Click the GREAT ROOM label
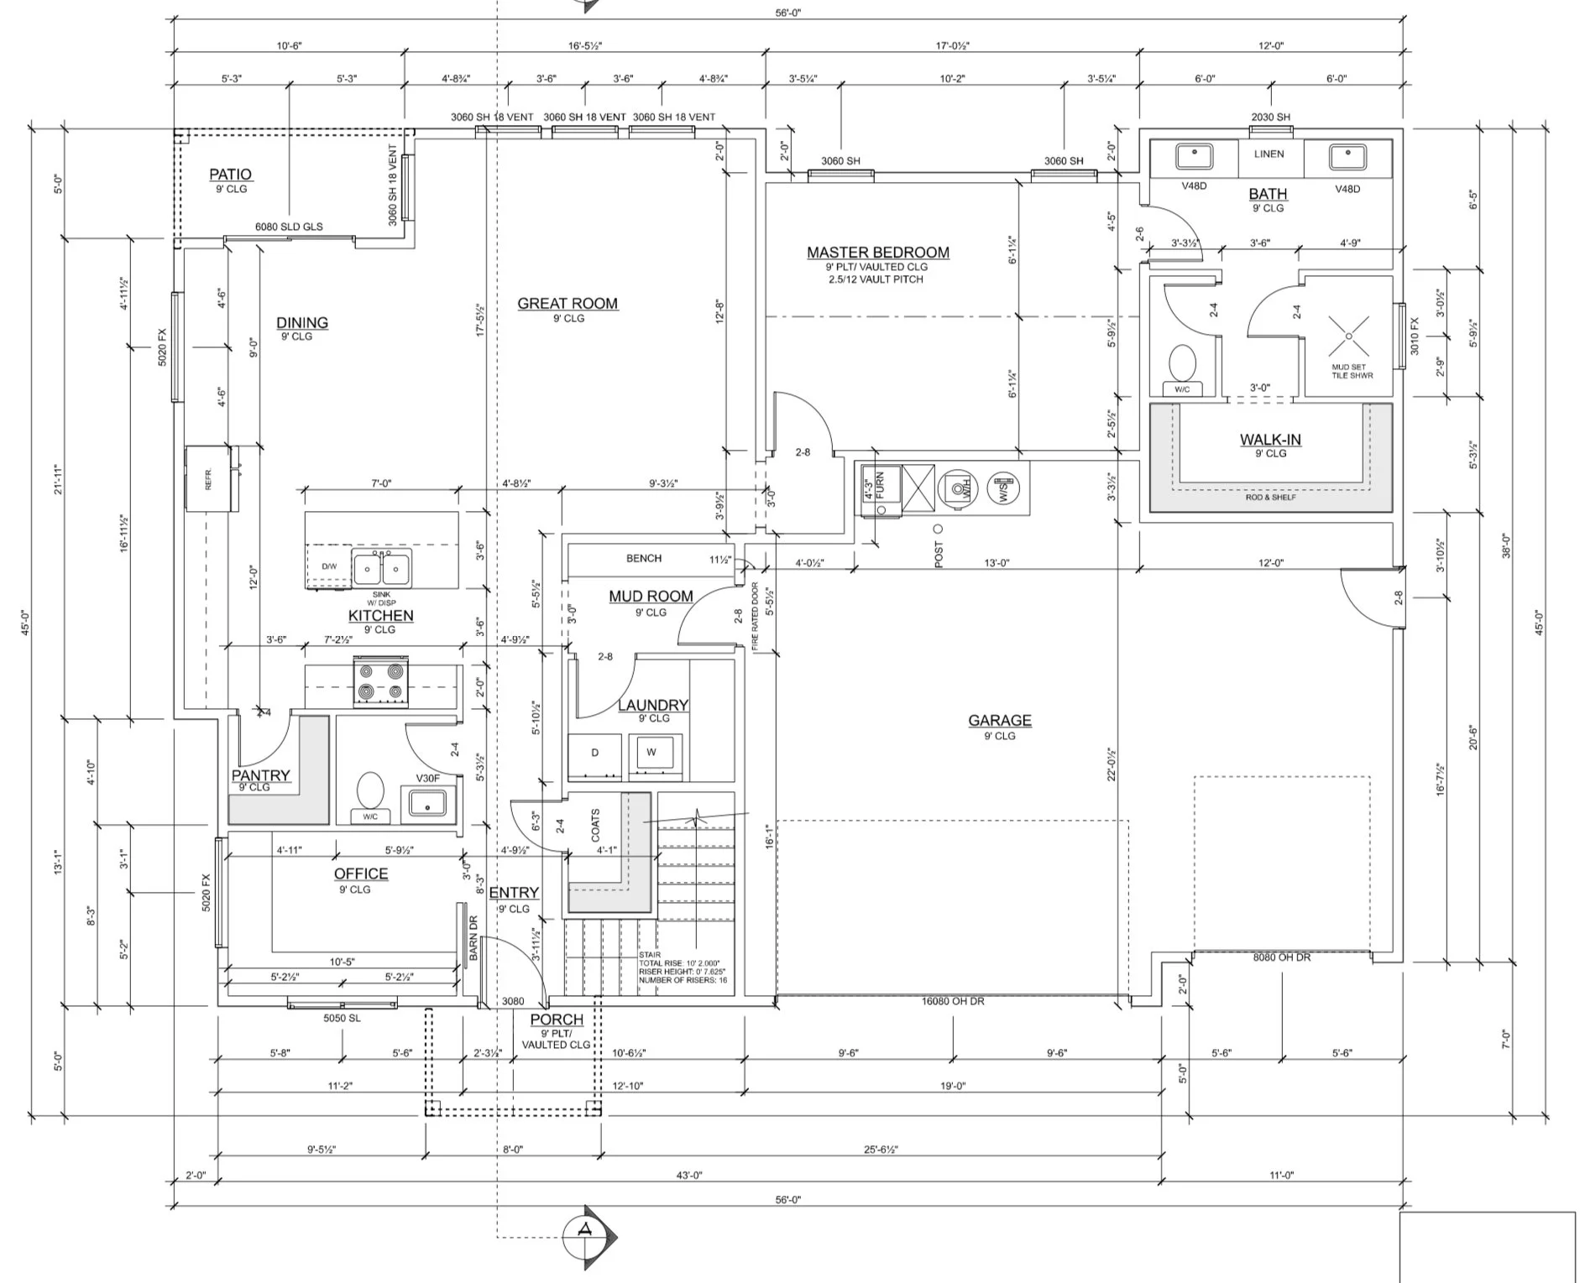(x=568, y=304)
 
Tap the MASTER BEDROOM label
(x=878, y=253)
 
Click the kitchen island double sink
(x=382, y=569)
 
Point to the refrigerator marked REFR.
(x=211, y=477)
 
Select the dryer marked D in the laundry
(x=594, y=753)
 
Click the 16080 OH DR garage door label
(x=953, y=1001)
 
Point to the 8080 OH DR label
(x=1281, y=957)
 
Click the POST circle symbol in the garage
(x=938, y=529)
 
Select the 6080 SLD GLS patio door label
(x=289, y=227)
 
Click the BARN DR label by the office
(x=473, y=937)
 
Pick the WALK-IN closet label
(x=1270, y=440)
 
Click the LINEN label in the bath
(x=1269, y=154)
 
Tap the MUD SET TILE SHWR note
(x=1352, y=371)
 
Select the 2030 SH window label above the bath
(x=1270, y=117)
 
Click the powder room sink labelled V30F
(x=428, y=802)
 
